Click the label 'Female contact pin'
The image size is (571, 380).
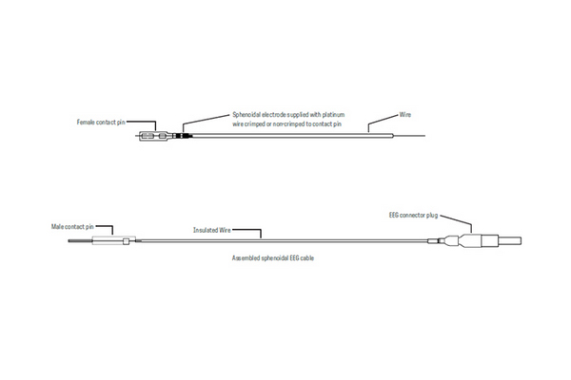click(x=101, y=123)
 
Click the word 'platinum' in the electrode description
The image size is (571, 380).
click(x=333, y=115)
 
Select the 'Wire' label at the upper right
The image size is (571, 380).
click(x=405, y=115)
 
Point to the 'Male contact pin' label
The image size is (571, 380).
click(x=72, y=226)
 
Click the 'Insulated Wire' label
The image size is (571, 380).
click(x=212, y=230)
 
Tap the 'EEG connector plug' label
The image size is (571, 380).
click(x=413, y=215)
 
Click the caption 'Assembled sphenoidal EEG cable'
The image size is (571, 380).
click(x=273, y=257)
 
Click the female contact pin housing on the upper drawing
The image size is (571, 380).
click(x=153, y=136)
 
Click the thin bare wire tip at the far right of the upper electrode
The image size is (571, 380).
click(x=409, y=136)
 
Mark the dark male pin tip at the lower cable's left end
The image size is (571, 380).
click(x=80, y=240)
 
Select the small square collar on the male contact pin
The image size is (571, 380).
click(x=126, y=240)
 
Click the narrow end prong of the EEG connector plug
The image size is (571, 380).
click(x=509, y=240)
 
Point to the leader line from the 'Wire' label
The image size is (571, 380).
click(x=382, y=122)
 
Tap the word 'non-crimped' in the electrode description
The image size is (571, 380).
click(x=288, y=124)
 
